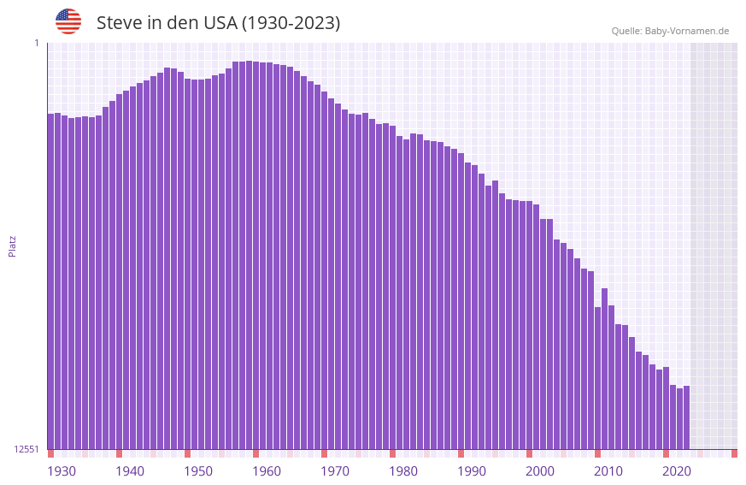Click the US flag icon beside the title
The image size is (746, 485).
tap(68, 21)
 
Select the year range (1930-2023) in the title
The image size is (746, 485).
tap(291, 23)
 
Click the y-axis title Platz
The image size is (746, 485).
tap(12, 245)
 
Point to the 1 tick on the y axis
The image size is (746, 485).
tap(36, 43)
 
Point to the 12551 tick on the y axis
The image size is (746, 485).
tap(25, 449)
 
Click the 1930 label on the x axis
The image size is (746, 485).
tap(62, 471)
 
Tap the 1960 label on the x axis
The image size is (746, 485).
tap(267, 471)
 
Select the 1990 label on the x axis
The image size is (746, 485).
tap(472, 471)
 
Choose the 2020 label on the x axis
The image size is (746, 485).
tap(677, 471)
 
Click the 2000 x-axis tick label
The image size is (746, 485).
tap(540, 471)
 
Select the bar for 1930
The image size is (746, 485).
tap(50, 282)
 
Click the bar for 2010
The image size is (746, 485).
tap(597, 376)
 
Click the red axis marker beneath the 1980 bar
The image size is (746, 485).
tap(392, 453)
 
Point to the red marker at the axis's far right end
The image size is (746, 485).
tap(734, 453)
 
